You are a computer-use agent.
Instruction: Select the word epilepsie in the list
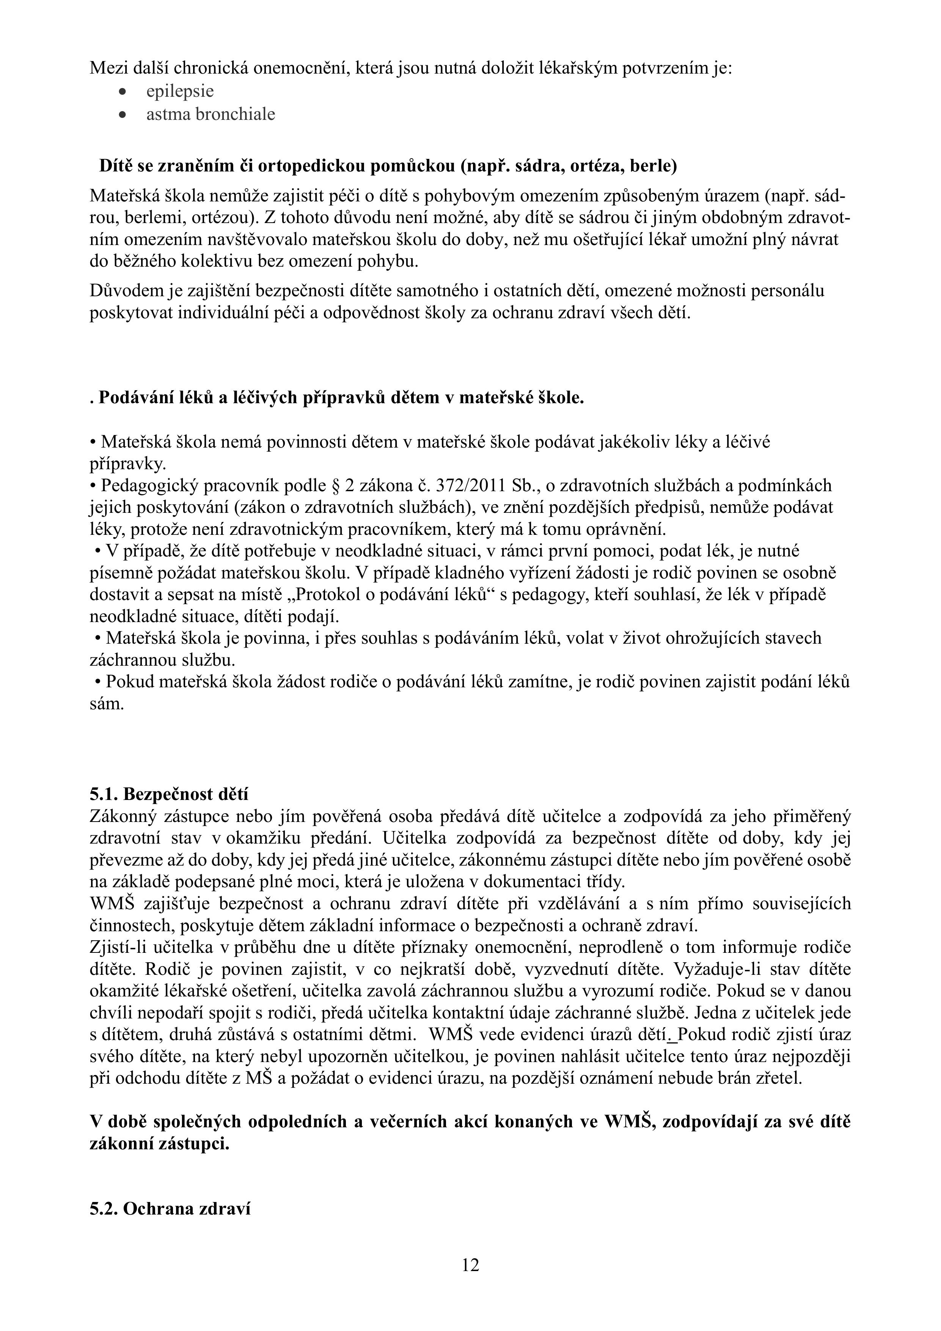click(180, 91)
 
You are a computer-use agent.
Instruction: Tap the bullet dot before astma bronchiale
click(123, 114)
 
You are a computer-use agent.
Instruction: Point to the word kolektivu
click(217, 261)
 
